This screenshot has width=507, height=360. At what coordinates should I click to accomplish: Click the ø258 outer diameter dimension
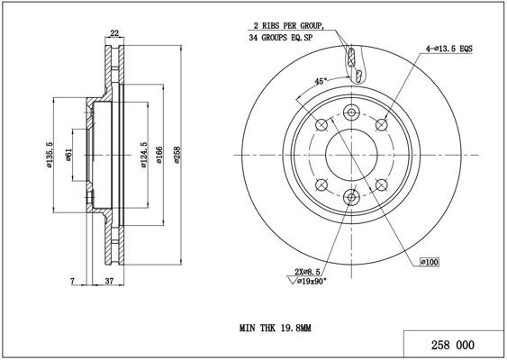177,157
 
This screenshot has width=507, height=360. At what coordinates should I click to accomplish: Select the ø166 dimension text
158,157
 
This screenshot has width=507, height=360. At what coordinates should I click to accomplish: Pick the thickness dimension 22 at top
113,33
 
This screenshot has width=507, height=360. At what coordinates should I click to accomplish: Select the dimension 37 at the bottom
107,283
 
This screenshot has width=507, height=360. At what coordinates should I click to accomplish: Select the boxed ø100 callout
429,262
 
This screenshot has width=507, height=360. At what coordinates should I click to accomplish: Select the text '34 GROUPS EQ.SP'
283,40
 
